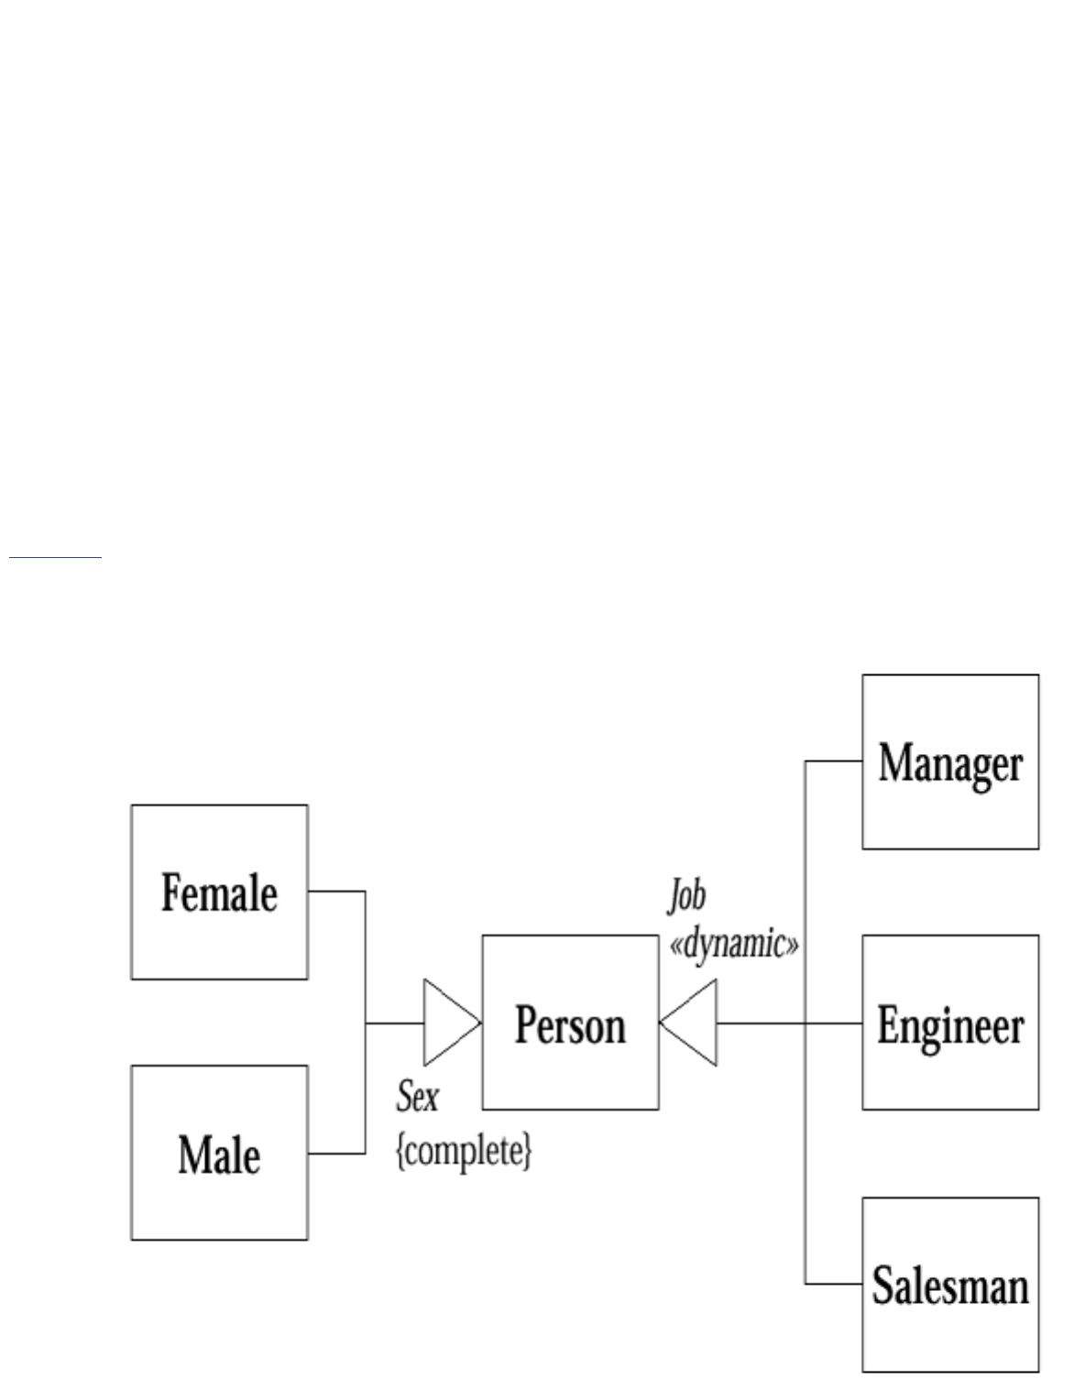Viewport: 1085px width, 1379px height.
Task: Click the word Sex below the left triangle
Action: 418,1096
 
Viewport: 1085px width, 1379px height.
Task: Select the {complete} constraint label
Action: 464,1151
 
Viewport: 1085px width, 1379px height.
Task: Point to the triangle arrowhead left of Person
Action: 449,1022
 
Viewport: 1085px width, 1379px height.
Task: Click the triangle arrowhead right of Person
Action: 690,1022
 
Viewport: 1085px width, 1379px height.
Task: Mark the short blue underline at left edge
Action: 55,555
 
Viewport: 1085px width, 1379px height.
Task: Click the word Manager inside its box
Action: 950,763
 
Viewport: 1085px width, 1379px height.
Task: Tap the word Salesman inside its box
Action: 950,1285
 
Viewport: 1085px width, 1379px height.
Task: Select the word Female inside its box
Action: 219,892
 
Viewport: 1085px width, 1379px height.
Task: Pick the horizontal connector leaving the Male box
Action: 336,1153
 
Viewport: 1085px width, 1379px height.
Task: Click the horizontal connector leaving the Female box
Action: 336,891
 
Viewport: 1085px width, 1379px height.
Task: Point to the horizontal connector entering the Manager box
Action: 833,761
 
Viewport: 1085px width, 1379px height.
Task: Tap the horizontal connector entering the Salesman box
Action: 833,1284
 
